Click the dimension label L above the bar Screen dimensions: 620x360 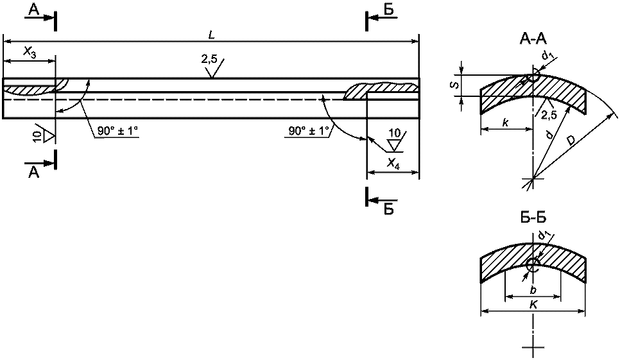[212, 35]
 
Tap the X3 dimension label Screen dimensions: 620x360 [30, 52]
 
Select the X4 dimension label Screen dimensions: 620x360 [393, 164]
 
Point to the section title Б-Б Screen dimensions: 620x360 [533, 218]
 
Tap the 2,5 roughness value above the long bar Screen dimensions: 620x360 [209, 60]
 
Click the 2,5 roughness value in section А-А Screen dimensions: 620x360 [549, 116]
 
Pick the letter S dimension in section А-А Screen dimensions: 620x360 [456, 85]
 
